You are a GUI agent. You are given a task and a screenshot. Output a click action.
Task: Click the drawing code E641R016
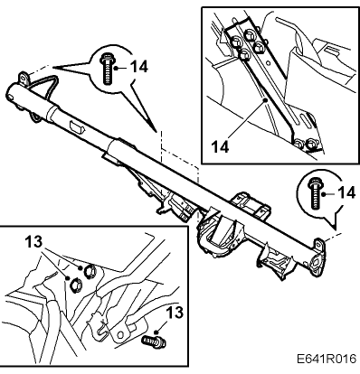click(x=327, y=359)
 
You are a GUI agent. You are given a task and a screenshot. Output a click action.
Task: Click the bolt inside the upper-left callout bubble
click(x=106, y=69)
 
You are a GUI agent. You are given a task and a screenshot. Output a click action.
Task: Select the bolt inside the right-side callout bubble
click(x=314, y=193)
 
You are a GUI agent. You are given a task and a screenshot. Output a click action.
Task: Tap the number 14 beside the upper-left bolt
click(x=139, y=67)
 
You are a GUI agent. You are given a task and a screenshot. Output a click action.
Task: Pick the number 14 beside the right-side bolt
click(x=346, y=192)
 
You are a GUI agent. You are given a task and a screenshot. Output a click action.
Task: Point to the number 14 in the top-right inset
click(x=220, y=147)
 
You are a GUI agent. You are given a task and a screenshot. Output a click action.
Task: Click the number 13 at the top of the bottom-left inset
click(x=33, y=242)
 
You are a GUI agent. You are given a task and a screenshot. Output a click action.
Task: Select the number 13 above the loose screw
click(x=175, y=313)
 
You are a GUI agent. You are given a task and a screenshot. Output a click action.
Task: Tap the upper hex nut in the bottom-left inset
click(x=90, y=271)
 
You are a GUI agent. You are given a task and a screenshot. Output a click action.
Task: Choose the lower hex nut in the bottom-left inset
click(x=75, y=285)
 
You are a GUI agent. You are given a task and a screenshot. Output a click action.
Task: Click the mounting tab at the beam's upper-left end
click(x=24, y=77)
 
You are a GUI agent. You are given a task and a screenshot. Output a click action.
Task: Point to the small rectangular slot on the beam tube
click(x=75, y=126)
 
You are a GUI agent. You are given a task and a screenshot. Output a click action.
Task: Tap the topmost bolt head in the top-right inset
click(x=249, y=34)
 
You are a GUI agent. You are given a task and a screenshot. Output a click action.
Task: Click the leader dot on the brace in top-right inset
click(x=264, y=100)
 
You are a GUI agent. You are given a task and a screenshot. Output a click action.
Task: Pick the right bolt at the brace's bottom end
click(x=310, y=145)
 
